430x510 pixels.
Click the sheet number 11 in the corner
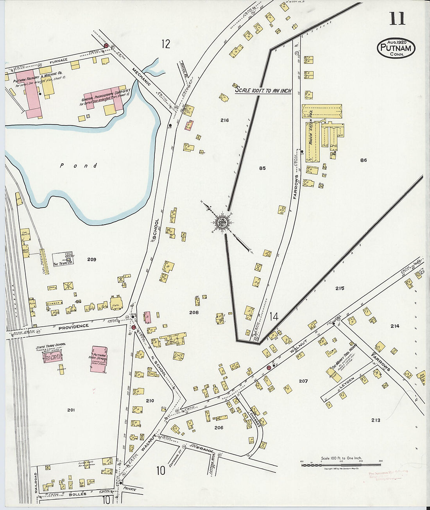coord(397,18)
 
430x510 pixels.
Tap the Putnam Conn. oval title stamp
coord(396,48)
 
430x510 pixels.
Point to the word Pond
coord(79,166)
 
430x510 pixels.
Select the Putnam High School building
coord(99,359)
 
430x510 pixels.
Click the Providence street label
coord(73,326)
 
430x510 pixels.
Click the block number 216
coord(224,120)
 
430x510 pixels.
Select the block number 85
coord(262,168)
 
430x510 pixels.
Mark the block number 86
coord(364,160)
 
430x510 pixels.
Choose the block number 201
coord(71,410)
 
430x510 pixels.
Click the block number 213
coord(376,420)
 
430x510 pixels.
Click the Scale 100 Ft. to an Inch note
coord(263,90)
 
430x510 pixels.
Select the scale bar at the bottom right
coord(341,465)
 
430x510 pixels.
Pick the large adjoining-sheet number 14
coord(274,317)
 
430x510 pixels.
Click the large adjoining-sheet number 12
coord(166,44)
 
